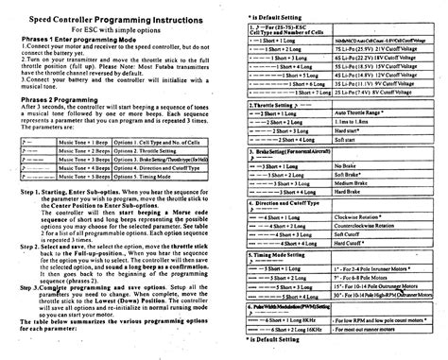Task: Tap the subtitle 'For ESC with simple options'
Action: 112,31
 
